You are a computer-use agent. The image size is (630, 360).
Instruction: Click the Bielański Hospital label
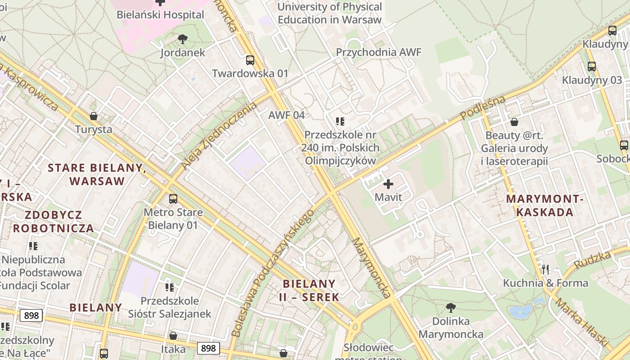point(160,14)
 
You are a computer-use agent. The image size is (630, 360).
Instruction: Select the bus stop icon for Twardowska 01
point(250,60)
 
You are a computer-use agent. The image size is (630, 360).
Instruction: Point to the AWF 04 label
point(286,115)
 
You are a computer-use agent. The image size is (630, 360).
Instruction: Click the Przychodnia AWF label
point(378,52)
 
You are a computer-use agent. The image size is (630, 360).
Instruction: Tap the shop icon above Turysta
point(94,116)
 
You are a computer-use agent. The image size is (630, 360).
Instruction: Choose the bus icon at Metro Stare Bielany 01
point(173,198)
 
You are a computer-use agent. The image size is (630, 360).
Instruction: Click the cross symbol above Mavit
point(388,184)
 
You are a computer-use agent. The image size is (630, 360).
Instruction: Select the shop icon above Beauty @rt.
point(514,122)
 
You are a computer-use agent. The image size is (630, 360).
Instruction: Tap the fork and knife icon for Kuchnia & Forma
point(545,269)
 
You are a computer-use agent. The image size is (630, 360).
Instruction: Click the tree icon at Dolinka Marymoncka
point(450,308)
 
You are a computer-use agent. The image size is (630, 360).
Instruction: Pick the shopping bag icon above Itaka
point(173,336)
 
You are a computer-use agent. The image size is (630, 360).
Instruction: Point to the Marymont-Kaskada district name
point(545,205)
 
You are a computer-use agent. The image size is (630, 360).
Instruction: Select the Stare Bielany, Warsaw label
point(97,175)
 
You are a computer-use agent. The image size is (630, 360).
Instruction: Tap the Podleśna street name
point(483,108)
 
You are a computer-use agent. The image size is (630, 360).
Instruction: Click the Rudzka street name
point(593,260)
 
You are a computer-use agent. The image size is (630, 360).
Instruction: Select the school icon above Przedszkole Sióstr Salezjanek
point(170,287)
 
